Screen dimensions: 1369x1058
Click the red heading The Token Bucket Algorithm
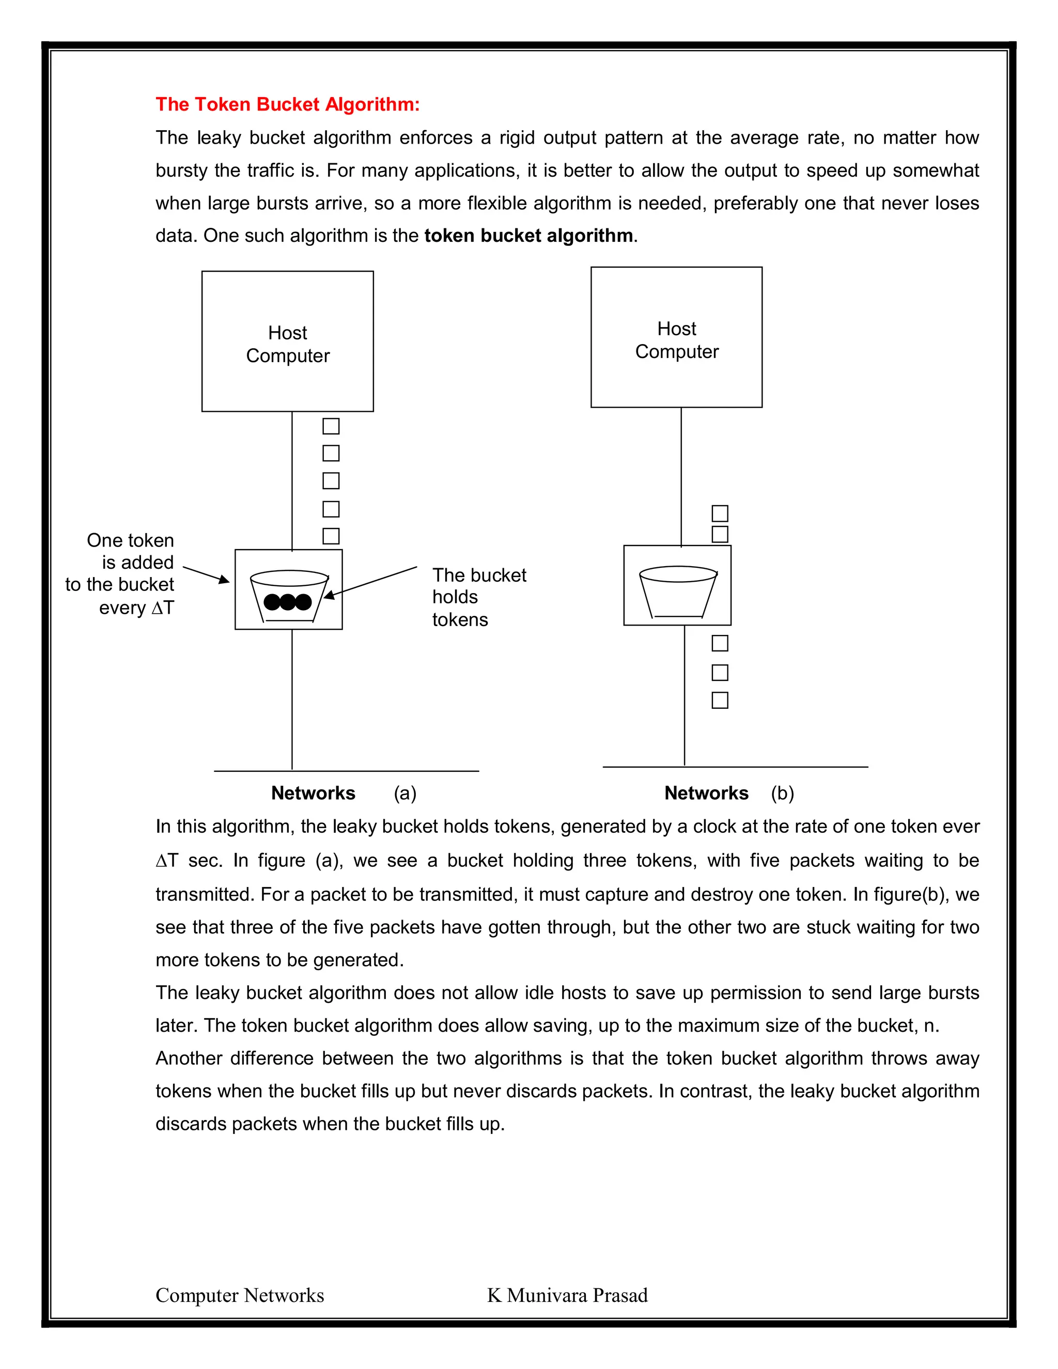click(287, 104)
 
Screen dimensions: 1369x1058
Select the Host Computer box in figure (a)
click(287, 341)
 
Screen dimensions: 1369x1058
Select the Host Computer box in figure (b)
click(676, 338)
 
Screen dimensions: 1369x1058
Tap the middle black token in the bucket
click(288, 602)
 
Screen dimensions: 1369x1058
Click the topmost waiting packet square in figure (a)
click(331, 426)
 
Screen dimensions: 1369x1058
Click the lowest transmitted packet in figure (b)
click(720, 700)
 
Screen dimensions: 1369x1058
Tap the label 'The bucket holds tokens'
click(478, 597)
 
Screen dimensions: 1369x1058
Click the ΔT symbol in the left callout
click(162, 608)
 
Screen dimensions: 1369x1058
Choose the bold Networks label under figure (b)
click(706, 793)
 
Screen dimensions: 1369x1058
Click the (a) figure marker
click(405, 793)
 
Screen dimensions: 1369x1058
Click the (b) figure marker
click(782, 793)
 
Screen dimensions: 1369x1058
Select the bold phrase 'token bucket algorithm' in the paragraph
click(528, 236)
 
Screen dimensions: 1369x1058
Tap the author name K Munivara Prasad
click(567, 1295)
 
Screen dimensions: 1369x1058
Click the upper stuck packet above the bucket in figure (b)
click(720, 514)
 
